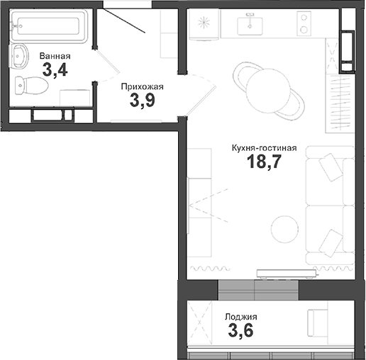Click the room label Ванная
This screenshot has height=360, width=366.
55,55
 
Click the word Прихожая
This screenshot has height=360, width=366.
143,87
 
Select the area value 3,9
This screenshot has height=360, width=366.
143,101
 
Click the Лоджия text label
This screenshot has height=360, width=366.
240,317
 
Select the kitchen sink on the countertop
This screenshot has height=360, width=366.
250,27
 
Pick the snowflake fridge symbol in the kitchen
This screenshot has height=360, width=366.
205,25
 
